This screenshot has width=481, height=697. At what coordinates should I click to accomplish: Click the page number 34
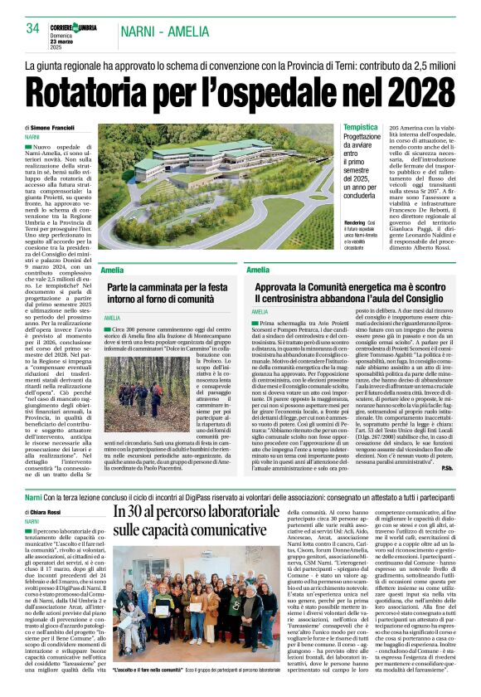[32, 27]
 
